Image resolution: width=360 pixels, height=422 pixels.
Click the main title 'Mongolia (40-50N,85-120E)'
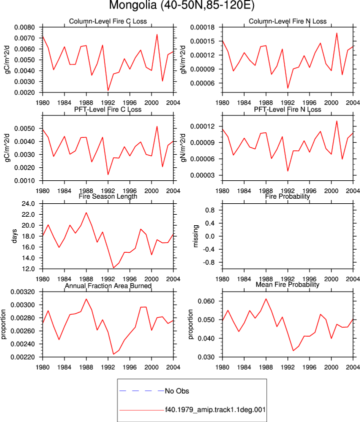[181, 5]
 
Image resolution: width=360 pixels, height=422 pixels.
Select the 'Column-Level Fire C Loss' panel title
[108, 21]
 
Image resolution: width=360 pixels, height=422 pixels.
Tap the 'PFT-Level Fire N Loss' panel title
[287, 109]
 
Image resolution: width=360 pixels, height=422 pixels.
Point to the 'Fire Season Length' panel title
[108, 196]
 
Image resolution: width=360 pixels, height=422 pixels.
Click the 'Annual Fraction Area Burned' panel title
[108, 286]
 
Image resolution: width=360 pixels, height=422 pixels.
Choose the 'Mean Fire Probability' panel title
[287, 285]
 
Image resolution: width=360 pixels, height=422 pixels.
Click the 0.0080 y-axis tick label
[24, 27]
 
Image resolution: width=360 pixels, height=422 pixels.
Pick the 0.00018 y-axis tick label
[202, 27]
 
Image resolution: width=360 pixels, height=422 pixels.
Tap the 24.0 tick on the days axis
[28, 204]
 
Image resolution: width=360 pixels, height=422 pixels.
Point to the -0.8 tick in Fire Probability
[209, 262]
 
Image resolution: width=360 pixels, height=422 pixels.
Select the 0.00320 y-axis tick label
[22, 292]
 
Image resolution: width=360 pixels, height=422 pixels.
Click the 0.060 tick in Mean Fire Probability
[206, 301]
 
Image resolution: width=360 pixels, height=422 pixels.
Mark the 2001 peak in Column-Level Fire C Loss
[157, 34]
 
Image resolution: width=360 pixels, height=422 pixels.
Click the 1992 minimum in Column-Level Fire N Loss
[288, 88]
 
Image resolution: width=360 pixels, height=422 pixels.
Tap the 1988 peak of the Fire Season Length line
[86, 213]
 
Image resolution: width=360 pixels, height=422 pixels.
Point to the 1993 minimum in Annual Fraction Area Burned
[113, 354]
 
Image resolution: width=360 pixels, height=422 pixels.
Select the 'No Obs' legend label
[177, 391]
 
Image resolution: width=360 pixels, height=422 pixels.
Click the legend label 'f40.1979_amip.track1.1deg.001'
[215, 410]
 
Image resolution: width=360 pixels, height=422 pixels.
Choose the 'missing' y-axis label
[196, 236]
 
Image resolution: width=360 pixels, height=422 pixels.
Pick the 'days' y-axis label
[14, 236]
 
